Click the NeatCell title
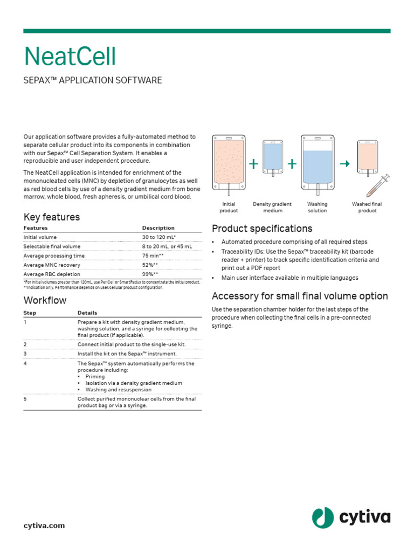70,57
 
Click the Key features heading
51,217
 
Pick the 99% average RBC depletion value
150,274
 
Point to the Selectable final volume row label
52,246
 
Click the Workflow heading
45,300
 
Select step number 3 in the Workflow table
25,354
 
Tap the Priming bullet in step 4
95,377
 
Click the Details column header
87,313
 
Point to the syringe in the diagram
379,186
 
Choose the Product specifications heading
262,229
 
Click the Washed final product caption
367,208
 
